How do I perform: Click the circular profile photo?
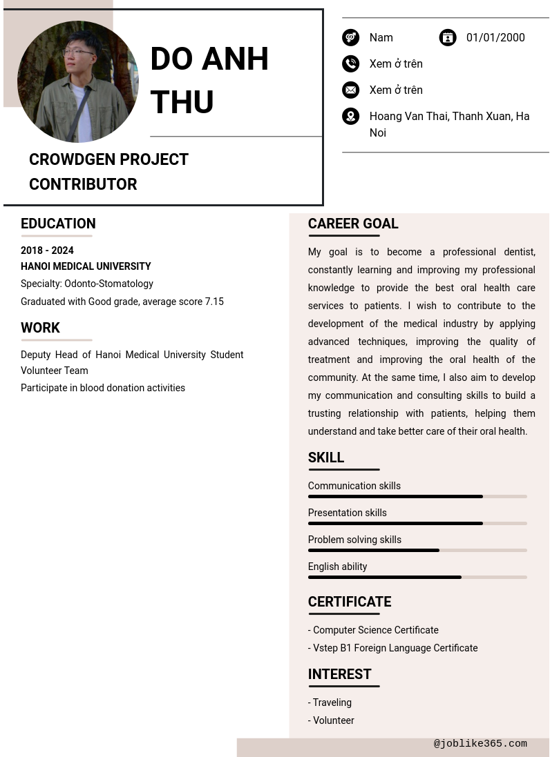coord(78,81)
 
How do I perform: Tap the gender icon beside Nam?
coord(351,37)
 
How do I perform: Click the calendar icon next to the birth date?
coord(448,37)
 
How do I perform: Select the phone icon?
coord(351,63)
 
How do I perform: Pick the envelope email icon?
coord(351,90)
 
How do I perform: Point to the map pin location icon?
coord(351,116)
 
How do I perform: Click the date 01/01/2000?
coord(495,37)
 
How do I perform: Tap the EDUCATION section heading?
coord(58,224)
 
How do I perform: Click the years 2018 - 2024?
coord(47,250)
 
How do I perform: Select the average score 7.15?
coord(214,302)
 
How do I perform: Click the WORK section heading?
coord(40,328)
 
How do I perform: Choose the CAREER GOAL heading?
coord(353,224)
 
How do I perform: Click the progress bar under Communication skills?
coord(417,496)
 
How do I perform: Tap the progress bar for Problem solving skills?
coord(417,550)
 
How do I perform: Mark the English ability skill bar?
coord(417,577)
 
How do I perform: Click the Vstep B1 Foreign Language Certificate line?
coord(392,648)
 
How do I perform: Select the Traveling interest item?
coord(332,702)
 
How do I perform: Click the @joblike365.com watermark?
coord(480,744)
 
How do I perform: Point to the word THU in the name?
coord(182,102)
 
